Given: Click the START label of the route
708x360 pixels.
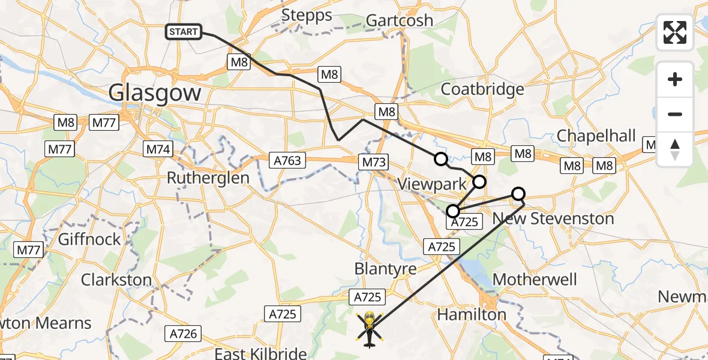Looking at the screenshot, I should pyautogui.click(x=184, y=32).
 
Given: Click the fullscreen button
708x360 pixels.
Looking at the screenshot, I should pyautogui.click(x=675, y=32).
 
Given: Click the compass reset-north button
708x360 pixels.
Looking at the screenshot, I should pyautogui.click(x=675, y=149).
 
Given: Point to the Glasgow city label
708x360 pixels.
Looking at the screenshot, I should pyautogui.click(x=155, y=93).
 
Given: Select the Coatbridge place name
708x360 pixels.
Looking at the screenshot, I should pyautogui.click(x=482, y=89).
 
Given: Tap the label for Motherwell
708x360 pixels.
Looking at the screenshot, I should pyautogui.click(x=535, y=280).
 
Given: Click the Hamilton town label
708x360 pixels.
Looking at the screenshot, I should pyautogui.click(x=472, y=314).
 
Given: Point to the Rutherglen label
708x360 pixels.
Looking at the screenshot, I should pyautogui.click(x=208, y=178).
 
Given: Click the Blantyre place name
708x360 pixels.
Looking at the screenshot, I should pyautogui.click(x=386, y=268).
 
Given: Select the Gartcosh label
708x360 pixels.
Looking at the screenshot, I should pyautogui.click(x=400, y=20).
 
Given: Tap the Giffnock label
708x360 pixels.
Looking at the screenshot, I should pyautogui.click(x=89, y=239).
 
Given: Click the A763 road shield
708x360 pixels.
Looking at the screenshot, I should pyautogui.click(x=287, y=161).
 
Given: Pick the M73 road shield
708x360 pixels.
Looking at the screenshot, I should pyautogui.click(x=374, y=162).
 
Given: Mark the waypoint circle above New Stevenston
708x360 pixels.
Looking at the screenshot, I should pyautogui.click(x=518, y=194).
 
